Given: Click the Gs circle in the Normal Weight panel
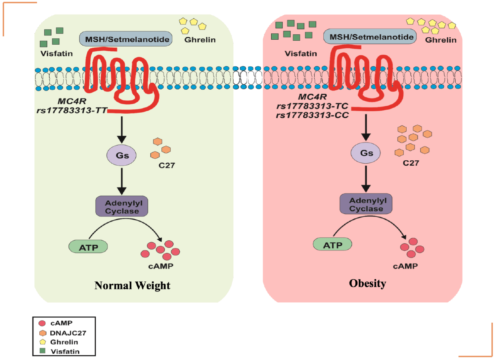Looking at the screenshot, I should click(121, 155).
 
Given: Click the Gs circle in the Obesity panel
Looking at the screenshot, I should click(366, 153).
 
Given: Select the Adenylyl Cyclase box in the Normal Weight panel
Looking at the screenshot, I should click(122, 207).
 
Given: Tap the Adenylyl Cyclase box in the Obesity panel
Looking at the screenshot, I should click(366, 204).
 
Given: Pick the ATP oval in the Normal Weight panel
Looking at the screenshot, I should click(88, 247).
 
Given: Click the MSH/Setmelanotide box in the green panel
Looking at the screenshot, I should click(126, 39).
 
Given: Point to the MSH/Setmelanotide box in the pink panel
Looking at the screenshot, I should click(370, 37).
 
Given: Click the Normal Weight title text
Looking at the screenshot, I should click(132, 285).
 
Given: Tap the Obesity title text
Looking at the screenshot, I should click(367, 283).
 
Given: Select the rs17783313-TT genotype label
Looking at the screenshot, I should click(72, 110).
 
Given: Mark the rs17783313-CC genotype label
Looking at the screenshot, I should click(312, 115).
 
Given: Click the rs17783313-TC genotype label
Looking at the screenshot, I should click(312, 106).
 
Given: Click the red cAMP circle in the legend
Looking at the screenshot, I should click(42, 323).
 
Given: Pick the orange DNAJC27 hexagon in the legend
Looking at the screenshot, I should click(42, 333).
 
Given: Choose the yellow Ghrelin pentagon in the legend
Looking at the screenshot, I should click(42, 342).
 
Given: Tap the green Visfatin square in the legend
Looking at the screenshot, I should click(42, 351).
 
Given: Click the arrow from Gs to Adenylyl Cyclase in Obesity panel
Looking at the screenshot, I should click(366, 179).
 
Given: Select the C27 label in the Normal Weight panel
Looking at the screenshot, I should click(166, 165).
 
